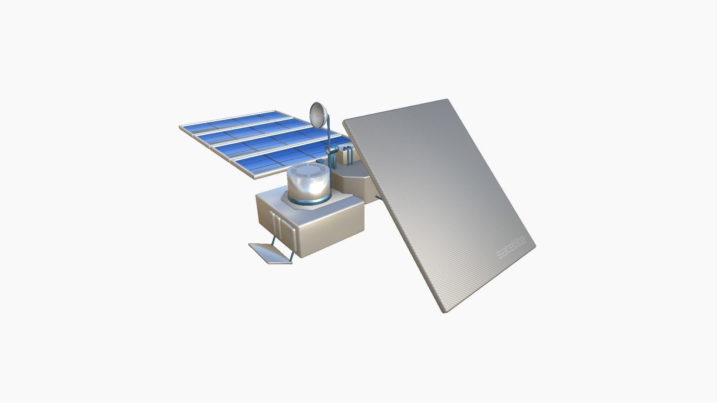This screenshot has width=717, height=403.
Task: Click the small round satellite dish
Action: point(319,115)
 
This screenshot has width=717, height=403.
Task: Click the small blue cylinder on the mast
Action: point(331,150)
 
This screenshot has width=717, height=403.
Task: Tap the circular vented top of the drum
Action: point(310,171)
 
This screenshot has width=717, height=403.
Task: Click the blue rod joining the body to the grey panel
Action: point(378,198)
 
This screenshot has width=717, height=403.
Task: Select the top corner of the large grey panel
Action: point(447,100)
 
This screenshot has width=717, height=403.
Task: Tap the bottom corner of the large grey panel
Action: point(444,312)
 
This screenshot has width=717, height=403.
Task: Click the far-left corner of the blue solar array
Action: point(180,127)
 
